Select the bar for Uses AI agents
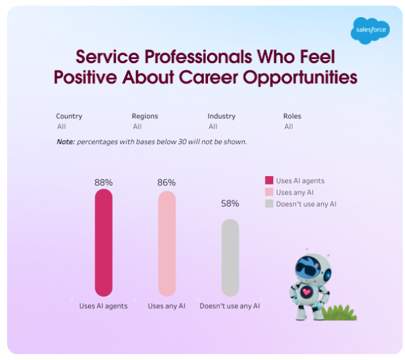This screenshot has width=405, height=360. (103, 242)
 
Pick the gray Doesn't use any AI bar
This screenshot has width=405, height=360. (230, 258)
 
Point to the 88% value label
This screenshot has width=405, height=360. (103, 182)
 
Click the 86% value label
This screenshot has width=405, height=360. (167, 183)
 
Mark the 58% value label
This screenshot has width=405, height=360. (230, 203)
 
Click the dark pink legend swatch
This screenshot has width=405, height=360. (269, 181)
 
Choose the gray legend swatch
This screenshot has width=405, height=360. (269, 204)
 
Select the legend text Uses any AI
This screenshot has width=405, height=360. (294, 193)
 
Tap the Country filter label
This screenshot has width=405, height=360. (69, 116)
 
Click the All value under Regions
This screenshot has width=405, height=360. (137, 127)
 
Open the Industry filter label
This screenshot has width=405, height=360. (221, 116)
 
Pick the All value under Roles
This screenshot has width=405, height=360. (289, 127)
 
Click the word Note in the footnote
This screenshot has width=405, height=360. (65, 142)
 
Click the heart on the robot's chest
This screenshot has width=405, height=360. (306, 291)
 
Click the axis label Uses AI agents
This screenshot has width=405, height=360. (103, 306)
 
